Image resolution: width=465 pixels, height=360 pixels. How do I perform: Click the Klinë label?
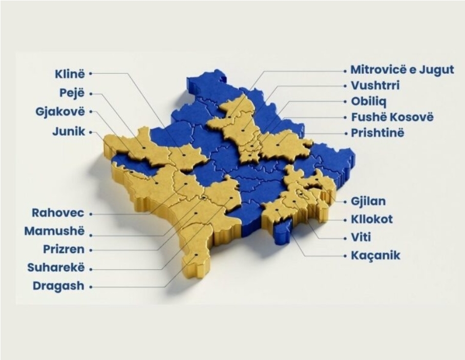70,73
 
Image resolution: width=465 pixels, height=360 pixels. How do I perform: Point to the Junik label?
69,132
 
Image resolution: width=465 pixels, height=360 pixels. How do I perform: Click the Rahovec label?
57,213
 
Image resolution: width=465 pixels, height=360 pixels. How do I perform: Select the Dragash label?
58,286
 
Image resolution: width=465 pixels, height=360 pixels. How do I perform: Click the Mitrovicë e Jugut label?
403,70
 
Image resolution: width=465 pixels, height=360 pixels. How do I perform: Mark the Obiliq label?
368,101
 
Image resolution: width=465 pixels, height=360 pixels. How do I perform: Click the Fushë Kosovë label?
392,117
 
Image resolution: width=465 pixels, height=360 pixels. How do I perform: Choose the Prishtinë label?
377,133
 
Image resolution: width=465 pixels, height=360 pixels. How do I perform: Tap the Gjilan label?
368,201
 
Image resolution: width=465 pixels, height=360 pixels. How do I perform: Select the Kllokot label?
372,219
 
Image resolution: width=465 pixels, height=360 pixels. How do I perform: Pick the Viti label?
361,237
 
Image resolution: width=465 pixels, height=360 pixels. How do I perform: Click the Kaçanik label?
375,255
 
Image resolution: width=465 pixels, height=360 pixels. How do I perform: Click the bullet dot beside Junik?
91,132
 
